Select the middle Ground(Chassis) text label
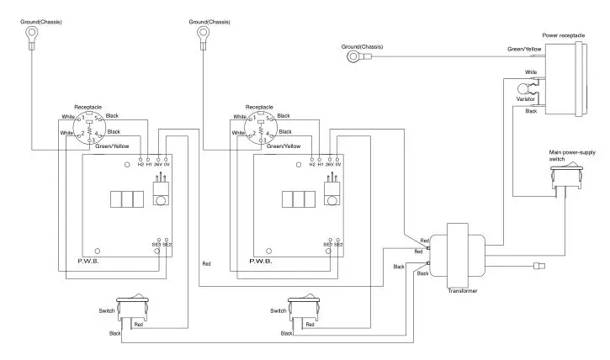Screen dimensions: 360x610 click(210, 19)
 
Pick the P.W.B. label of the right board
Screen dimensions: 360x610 click(261, 262)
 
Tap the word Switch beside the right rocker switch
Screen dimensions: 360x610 click(278, 311)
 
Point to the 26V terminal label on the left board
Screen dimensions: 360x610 click(157, 164)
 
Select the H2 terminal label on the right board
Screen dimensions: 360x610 click(311, 164)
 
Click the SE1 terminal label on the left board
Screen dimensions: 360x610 click(156, 245)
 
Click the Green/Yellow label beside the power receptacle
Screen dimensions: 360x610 click(523, 50)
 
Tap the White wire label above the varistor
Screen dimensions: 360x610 click(531, 72)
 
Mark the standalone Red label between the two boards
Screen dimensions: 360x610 click(206, 264)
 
